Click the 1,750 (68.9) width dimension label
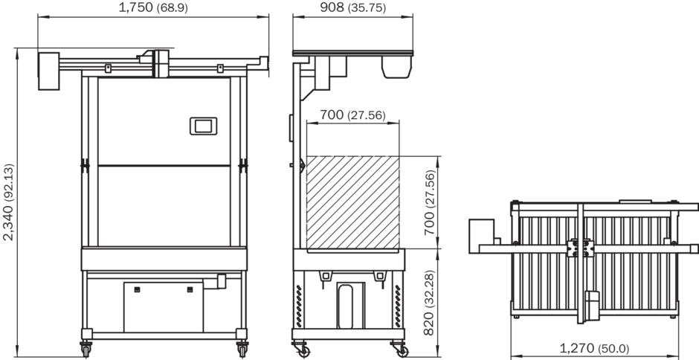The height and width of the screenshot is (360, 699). tap(153, 7)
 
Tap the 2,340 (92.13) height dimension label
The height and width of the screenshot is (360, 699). tap(8, 202)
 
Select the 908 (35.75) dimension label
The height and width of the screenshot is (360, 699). tap(353, 7)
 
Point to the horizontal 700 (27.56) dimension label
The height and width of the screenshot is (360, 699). tap(352, 115)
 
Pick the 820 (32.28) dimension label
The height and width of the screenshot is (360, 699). tap(429, 303)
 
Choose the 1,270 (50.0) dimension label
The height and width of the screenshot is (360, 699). tap(594, 348)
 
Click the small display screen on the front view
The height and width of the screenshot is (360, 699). tap(203, 126)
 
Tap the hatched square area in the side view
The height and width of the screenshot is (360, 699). tap(352, 202)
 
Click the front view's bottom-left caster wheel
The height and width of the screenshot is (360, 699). tap(86, 350)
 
